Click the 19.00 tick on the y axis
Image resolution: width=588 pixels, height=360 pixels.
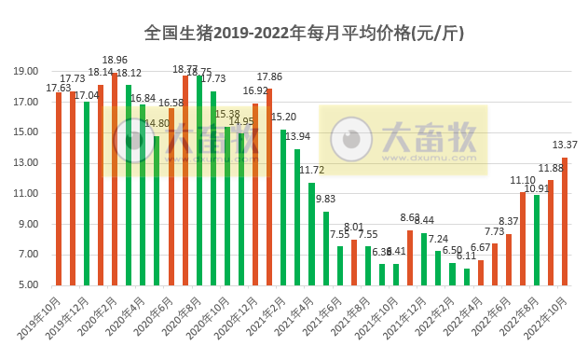point(26,72)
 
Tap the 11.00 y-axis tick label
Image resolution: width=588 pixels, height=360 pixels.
point(26,194)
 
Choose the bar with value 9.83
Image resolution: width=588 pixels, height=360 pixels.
point(326,248)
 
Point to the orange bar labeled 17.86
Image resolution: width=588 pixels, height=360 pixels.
point(269,187)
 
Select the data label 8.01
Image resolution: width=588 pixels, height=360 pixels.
point(354,227)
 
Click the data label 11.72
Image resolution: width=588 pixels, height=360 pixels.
point(312,170)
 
